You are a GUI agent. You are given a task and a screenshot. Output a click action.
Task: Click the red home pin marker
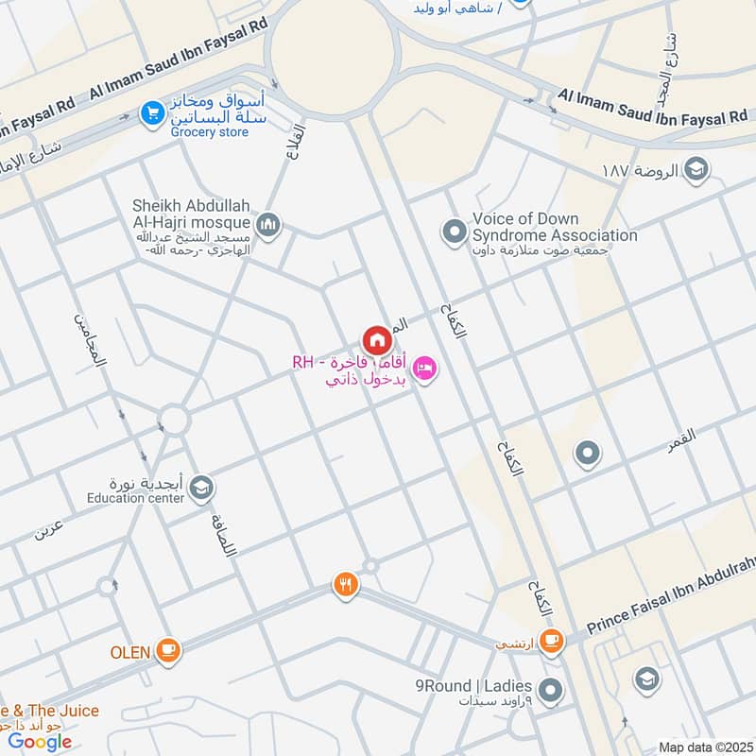pos(376,339)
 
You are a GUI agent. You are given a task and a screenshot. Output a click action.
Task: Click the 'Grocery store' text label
pos(209,132)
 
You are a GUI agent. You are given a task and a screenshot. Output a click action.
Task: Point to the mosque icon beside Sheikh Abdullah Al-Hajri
pos(269,224)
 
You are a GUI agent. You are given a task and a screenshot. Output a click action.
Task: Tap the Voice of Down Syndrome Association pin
pos(455,230)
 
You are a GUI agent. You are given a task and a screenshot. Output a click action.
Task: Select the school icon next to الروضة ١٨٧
pos(697,170)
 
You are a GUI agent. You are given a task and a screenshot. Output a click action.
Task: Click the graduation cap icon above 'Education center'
pos(200,488)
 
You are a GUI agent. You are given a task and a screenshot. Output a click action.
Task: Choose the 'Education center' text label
pos(134,498)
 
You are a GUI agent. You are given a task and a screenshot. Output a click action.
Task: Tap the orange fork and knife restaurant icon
pos(346,585)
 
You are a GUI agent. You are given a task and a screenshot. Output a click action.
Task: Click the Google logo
pos(41,741)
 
